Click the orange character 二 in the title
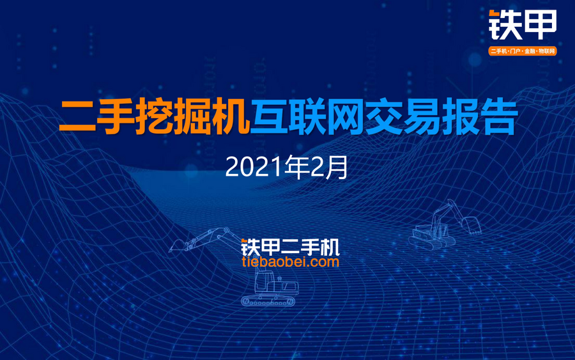pos(78,116)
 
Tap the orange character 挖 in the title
pos(154,116)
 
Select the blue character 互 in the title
pos(269,116)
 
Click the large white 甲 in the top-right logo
pos(541,24)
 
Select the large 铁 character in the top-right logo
pos(505,24)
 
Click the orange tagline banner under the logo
pos(523,51)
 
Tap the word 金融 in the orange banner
pos(530,51)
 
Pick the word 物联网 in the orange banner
pos(547,51)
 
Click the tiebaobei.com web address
pos(291,262)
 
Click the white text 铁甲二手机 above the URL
pos(291,247)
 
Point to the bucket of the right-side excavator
pos(471,224)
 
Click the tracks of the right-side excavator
pos(432,242)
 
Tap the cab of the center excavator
pos(264,282)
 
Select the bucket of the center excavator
pos(177,246)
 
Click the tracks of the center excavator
pos(268,301)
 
